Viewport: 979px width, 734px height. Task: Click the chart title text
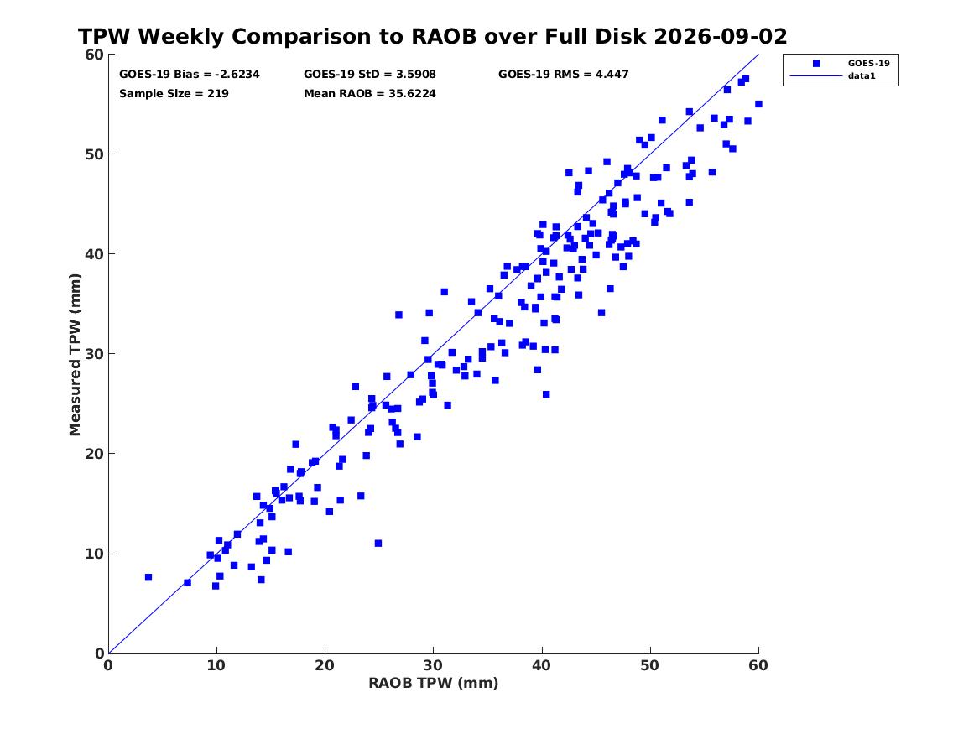click(x=432, y=36)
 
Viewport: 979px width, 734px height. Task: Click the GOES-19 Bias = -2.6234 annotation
click(x=190, y=75)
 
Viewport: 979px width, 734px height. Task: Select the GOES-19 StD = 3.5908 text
click(x=370, y=75)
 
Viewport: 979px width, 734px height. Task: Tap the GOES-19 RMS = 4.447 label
click(x=563, y=75)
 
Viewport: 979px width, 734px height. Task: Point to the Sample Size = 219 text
click(x=174, y=94)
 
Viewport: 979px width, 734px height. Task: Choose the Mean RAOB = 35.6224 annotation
click(x=370, y=94)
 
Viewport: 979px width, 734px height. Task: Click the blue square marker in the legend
click(x=816, y=63)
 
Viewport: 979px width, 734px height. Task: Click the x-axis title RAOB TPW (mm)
click(x=434, y=683)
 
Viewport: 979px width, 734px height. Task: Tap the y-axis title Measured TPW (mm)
click(x=75, y=355)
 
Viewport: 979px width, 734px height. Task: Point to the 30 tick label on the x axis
click(x=434, y=665)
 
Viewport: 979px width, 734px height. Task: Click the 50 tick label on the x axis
click(x=650, y=665)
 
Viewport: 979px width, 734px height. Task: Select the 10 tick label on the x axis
click(x=216, y=665)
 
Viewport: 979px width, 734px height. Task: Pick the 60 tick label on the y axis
click(x=94, y=55)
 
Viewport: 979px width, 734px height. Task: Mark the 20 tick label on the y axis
click(x=94, y=454)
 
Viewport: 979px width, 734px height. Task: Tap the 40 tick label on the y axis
click(x=94, y=254)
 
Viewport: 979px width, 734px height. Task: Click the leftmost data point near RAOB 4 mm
click(x=148, y=577)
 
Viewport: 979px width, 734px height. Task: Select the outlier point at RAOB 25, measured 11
click(x=378, y=544)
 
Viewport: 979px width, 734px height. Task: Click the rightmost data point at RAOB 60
click(x=758, y=104)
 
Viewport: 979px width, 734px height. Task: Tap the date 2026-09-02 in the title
click(x=721, y=36)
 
